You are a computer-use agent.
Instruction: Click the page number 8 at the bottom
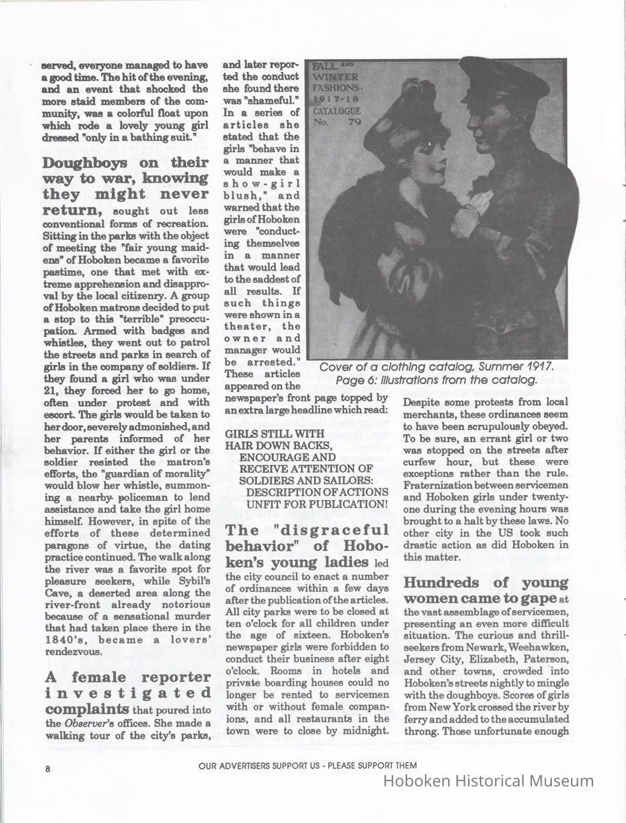click(x=48, y=769)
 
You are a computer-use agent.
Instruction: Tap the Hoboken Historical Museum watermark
click(x=488, y=781)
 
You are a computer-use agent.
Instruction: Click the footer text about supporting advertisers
click(x=308, y=765)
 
